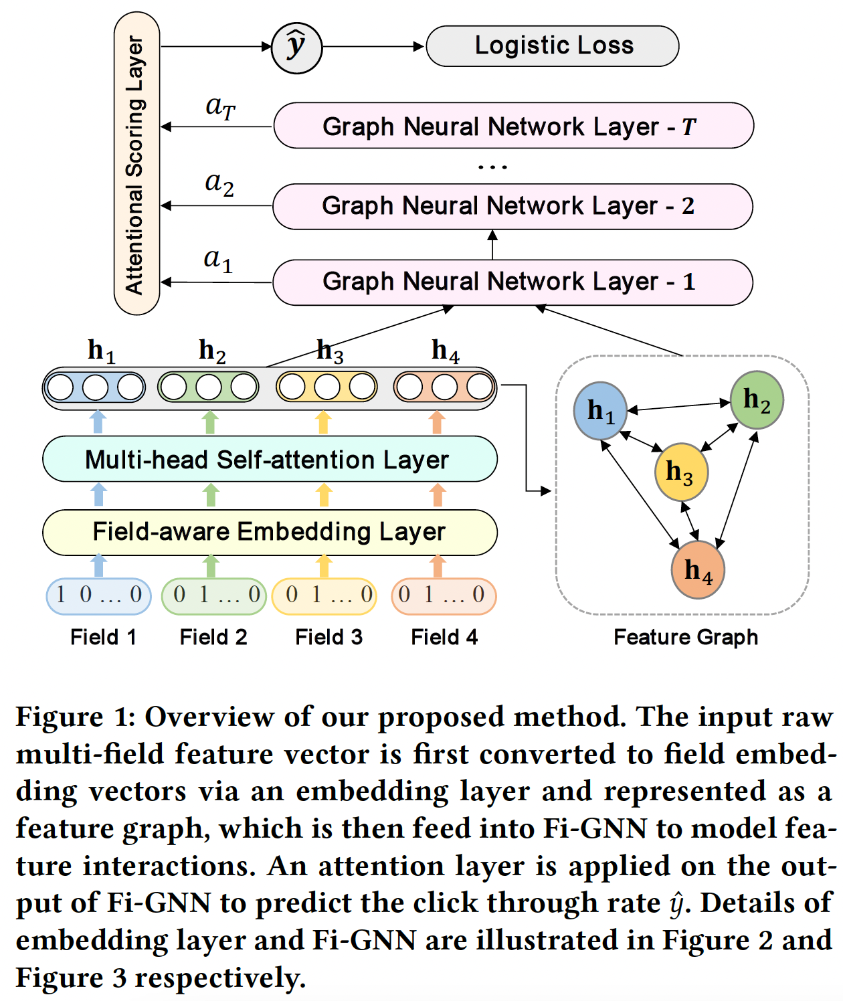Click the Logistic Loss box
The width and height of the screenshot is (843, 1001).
click(553, 46)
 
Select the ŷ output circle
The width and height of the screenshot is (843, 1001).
click(296, 48)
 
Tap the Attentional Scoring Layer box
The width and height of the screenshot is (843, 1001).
click(136, 164)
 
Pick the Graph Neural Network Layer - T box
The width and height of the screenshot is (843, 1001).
click(513, 126)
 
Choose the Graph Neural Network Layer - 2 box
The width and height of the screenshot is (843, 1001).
click(512, 206)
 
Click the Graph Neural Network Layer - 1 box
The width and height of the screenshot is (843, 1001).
click(512, 282)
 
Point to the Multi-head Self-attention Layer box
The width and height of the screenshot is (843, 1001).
click(270, 460)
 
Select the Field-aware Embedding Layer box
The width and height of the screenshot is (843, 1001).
click(270, 532)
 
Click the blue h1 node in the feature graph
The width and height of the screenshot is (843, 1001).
click(600, 411)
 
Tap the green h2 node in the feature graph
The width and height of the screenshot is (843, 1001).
click(757, 400)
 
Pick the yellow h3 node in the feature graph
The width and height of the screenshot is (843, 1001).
click(681, 472)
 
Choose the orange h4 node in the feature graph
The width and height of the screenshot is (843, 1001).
click(698, 570)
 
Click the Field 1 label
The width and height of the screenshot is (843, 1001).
click(103, 637)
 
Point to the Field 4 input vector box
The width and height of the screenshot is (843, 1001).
click(444, 596)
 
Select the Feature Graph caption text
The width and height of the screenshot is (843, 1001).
click(686, 637)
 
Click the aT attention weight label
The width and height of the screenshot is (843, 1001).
click(220, 106)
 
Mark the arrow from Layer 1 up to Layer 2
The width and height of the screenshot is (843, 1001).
click(492, 245)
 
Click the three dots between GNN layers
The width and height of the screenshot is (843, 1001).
click(492, 167)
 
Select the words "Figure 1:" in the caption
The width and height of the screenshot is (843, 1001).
click(76, 717)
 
